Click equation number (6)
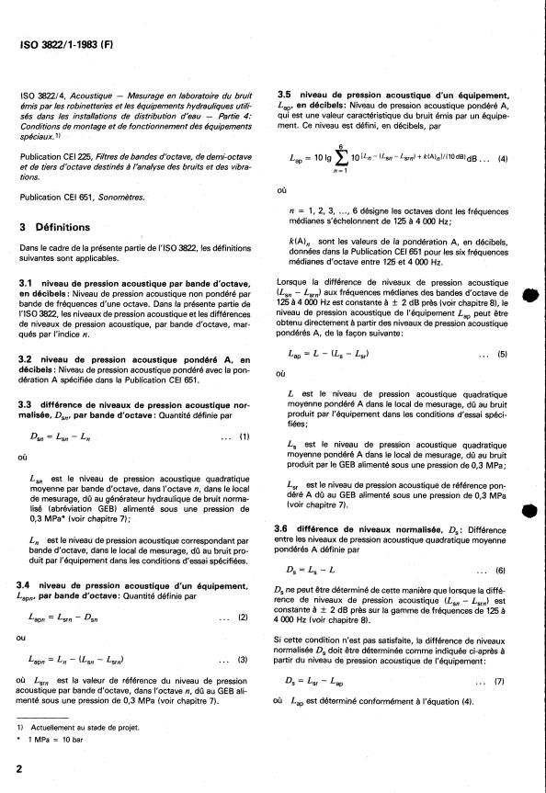pyautogui.click(x=502, y=570)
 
